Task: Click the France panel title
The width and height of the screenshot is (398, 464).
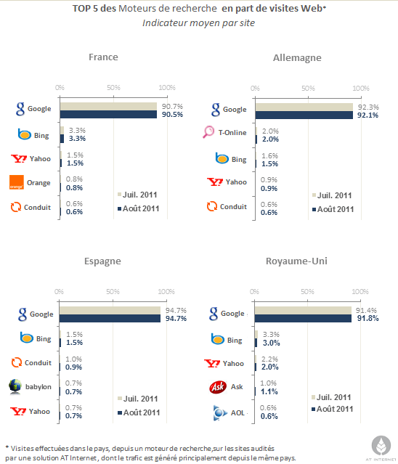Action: point(103,57)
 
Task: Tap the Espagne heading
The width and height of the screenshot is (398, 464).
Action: point(102,261)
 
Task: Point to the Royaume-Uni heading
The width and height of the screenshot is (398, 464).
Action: point(298,261)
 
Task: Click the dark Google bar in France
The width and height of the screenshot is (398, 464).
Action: point(109,115)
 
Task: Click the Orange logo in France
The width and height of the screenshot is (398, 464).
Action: point(15,182)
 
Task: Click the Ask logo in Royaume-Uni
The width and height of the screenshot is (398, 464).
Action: point(216,386)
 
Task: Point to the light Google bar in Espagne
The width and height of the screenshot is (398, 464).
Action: point(110,309)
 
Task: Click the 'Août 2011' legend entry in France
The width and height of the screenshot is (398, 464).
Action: point(139,209)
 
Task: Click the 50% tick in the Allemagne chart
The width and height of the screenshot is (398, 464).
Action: point(308,88)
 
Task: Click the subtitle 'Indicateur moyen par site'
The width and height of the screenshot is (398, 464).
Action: point(198,23)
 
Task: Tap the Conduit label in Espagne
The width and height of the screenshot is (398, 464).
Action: point(37,362)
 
